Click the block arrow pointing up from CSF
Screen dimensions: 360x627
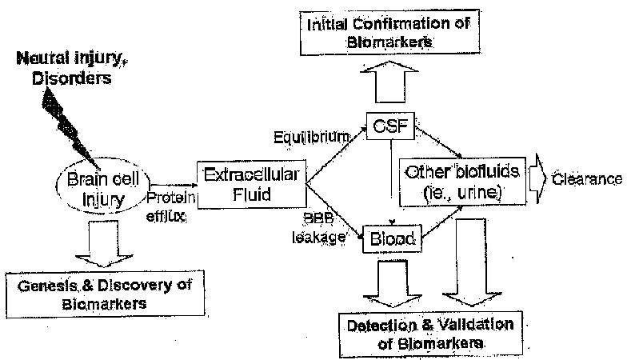pyautogui.click(x=390, y=80)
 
